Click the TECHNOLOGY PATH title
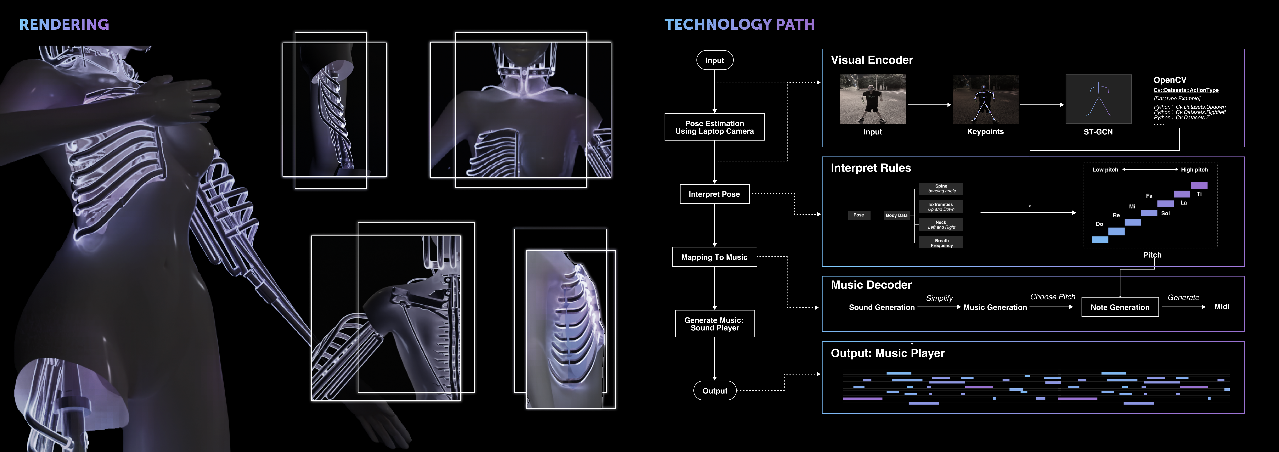tap(739, 24)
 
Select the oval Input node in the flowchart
tap(715, 60)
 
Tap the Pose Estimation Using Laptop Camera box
tap(715, 127)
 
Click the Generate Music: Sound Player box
tap(715, 324)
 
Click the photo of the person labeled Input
tap(872, 99)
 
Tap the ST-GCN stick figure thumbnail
tap(1098, 99)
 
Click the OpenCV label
tap(1170, 80)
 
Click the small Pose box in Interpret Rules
tap(858, 215)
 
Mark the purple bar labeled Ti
tap(1199, 185)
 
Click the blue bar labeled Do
tap(1100, 239)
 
